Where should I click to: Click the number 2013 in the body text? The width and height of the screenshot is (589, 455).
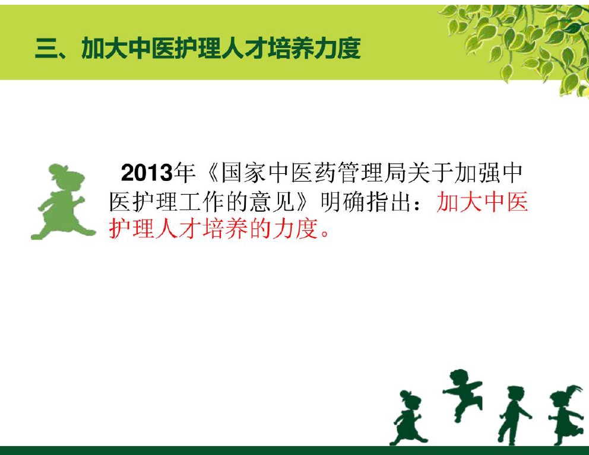coord(147,173)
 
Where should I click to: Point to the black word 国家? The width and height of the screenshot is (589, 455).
coord(243,173)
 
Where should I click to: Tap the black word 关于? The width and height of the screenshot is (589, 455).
coord(430,173)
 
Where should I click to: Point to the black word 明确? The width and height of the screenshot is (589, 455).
coord(343,202)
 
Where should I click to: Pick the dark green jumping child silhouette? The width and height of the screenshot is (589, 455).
coord(462,394)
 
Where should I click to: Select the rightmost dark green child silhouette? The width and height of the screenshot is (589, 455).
coord(566,415)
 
